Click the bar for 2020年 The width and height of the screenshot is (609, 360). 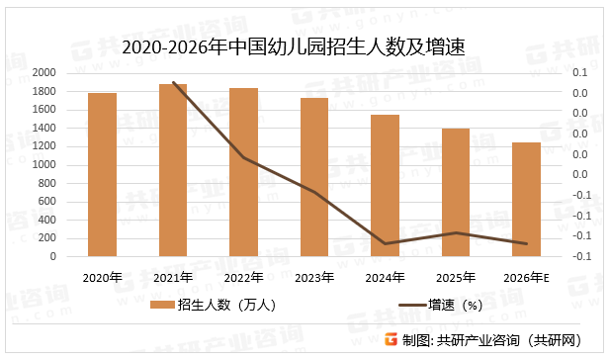coord(103,174)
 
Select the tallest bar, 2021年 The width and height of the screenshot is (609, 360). coord(173,170)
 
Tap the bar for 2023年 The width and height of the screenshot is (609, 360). coord(314,177)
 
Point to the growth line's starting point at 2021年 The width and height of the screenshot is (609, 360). coord(173,82)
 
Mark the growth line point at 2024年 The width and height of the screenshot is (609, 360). coord(386,243)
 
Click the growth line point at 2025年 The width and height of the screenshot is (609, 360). coord(456,232)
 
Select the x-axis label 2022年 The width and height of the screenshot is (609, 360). coord(243,277)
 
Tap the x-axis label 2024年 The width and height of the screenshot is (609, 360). coord(386,277)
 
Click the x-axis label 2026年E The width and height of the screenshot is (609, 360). coord(526,277)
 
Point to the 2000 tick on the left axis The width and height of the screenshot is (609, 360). coord(43,73)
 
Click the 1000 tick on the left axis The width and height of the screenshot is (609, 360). coord(43,165)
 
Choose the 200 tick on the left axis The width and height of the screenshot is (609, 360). coord(47,238)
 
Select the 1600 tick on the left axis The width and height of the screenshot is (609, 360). coord(43,110)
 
